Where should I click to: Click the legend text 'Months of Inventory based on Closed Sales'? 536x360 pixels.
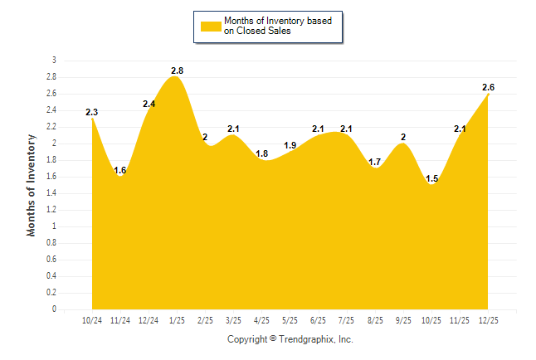coord(278,27)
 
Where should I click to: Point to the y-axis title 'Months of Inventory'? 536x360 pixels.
coord(32,185)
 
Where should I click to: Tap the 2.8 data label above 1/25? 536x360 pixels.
coord(177,71)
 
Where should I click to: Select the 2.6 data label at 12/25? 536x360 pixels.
coord(489,87)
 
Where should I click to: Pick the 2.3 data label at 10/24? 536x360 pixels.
coord(92,112)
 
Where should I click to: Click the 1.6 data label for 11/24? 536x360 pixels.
coord(120,170)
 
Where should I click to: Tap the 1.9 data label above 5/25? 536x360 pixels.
coord(290,145)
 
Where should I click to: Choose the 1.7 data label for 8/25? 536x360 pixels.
coord(375,162)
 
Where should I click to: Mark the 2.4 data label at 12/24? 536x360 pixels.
coord(149,104)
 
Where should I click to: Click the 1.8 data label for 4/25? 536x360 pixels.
coord(262,153)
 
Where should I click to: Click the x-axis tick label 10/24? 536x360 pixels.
coord(92,319)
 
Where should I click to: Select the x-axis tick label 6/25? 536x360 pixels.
coord(319,319)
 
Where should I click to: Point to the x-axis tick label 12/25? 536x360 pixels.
coord(489,319)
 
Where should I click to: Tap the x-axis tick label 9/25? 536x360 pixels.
coord(404,319)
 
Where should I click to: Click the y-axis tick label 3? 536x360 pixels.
coord(54,60)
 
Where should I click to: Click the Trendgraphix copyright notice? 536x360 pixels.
coord(290,339)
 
